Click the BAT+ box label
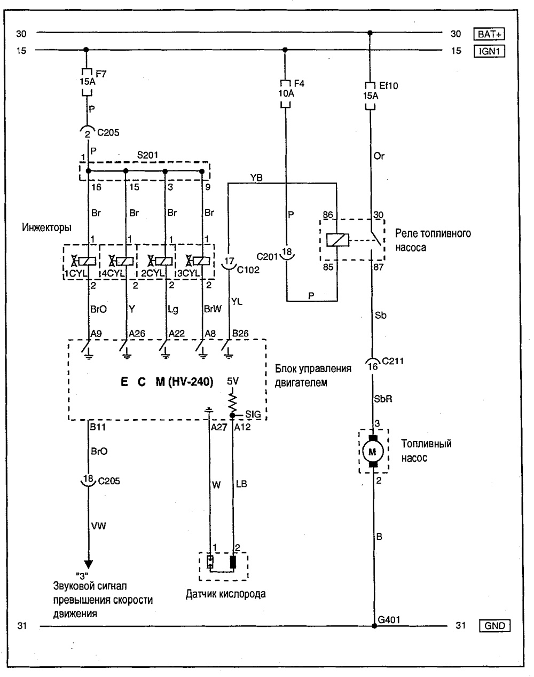(x=489, y=34)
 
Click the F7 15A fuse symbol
(x=87, y=83)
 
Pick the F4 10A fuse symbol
(x=285, y=93)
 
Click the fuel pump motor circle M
(x=373, y=452)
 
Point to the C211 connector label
(x=394, y=360)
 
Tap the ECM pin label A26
(x=137, y=334)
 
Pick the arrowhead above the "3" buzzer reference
(x=88, y=564)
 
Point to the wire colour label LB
(x=241, y=484)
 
